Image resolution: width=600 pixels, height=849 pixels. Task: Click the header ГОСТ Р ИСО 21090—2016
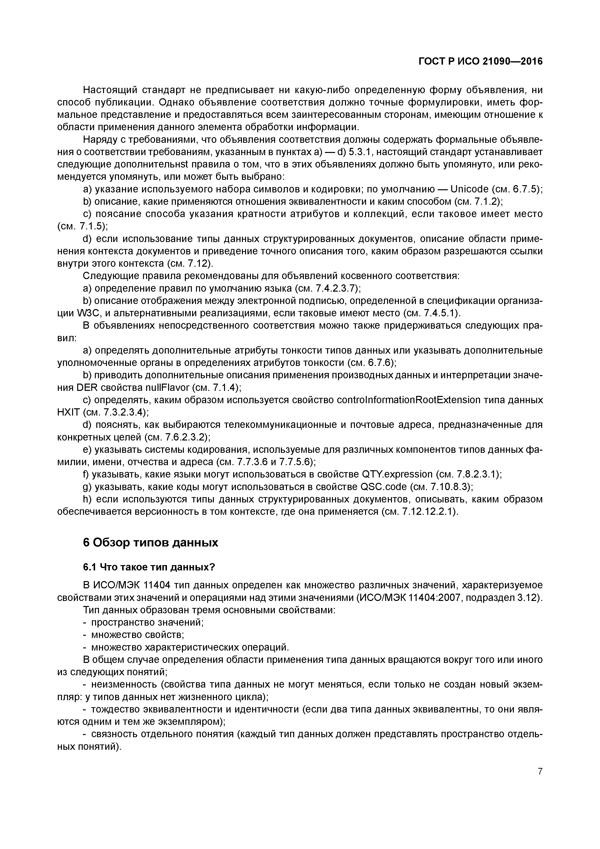(x=480, y=61)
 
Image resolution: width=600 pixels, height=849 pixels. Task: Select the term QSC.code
(x=384, y=487)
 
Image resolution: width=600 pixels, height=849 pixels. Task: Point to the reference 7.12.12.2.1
(x=427, y=512)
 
